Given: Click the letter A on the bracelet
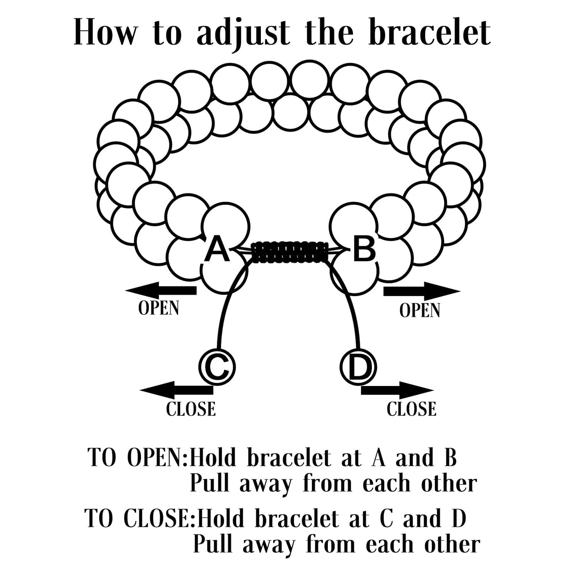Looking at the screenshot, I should click(x=217, y=249).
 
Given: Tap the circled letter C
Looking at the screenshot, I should click(x=217, y=366).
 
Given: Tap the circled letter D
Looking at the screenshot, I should click(x=359, y=366).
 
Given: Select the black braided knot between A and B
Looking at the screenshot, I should click(x=290, y=252).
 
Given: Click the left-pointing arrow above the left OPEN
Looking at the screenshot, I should click(x=161, y=290).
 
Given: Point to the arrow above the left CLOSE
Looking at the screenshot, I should click(x=176, y=390).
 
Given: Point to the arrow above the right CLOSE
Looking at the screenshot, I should click(x=397, y=390).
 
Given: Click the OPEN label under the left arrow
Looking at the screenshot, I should click(x=159, y=308).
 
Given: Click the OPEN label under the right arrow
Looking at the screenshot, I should click(x=420, y=310).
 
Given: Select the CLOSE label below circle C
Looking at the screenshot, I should click(x=191, y=409).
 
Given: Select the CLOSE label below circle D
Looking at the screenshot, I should click(x=412, y=409).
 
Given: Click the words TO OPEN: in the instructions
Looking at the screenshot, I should click(x=138, y=458).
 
